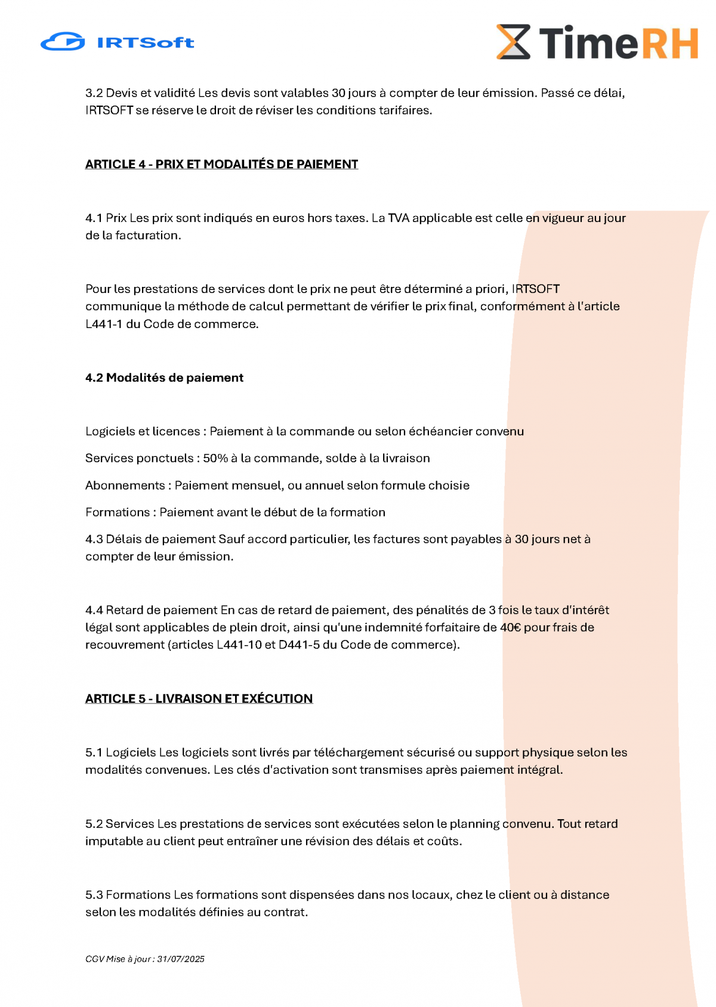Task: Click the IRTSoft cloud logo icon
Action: point(63,42)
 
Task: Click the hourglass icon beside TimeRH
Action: point(513,42)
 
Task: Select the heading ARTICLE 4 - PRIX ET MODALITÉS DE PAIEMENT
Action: point(221,164)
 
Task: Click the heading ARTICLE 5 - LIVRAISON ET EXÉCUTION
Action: point(199,699)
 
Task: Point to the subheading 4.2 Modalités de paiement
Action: point(164,378)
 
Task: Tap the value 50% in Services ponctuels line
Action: point(215,458)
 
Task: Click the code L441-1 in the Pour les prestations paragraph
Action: point(104,324)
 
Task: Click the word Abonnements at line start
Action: point(125,485)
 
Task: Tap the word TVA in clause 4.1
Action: point(399,218)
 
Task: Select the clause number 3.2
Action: point(94,93)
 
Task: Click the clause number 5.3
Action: point(94,895)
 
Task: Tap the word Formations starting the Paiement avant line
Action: point(118,512)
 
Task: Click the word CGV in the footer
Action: point(94,959)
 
